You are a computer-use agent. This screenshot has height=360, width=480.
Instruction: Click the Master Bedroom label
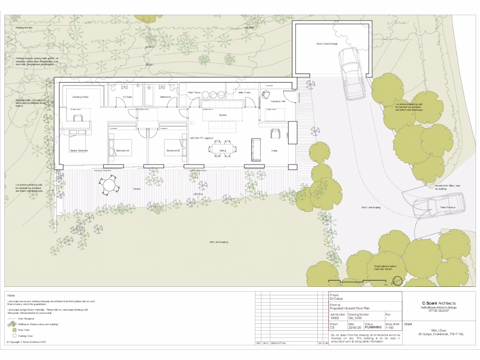coord(79,150)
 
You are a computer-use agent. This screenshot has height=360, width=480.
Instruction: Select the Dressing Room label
coord(80,97)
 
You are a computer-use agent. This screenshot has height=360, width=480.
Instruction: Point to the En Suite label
coord(127,97)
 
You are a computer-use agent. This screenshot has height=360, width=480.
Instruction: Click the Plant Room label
coord(194,93)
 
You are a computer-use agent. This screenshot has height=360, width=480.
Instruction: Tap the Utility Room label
coord(244,93)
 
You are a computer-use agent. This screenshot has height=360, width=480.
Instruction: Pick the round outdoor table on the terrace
coord(109,185)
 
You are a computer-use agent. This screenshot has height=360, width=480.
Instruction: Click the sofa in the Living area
coord(256,150)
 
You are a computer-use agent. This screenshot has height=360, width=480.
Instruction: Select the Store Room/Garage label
coord(327,44)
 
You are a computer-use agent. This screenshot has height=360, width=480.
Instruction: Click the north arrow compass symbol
coord(397,281)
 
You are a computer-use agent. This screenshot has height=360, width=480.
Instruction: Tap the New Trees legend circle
coord(15,330)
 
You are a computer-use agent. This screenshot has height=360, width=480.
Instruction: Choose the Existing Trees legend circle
coord(15,336)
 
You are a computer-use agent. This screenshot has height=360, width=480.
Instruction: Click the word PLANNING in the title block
coord(374,328)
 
